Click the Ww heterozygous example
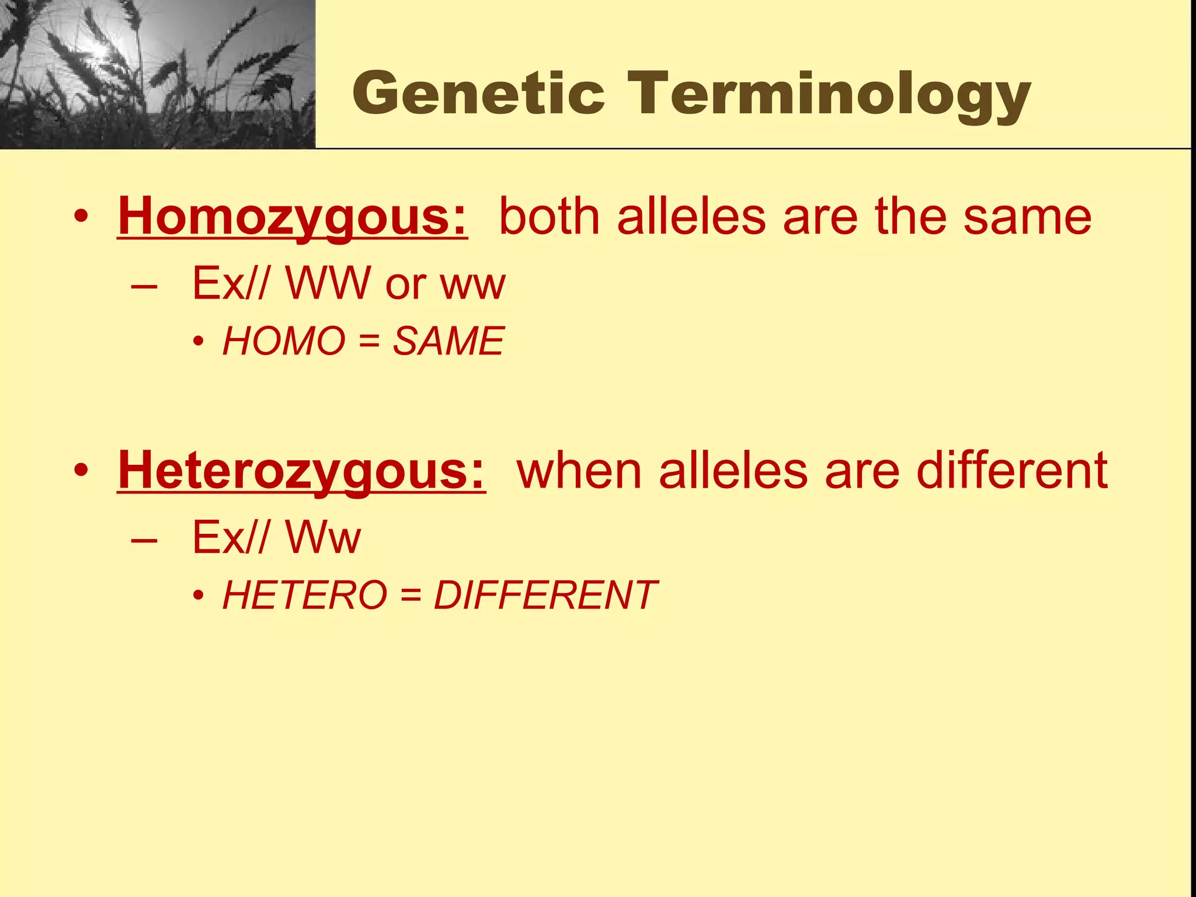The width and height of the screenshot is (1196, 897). [323, 538]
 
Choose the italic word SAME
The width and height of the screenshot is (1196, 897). [448, 341]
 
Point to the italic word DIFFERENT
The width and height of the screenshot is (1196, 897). [545, 595]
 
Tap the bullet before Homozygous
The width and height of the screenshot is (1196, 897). [81, 217]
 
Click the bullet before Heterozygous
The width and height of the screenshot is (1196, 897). [81, 471]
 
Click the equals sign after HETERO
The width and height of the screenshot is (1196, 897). [411, 596]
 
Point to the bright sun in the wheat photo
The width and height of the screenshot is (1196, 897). [99, 50]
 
